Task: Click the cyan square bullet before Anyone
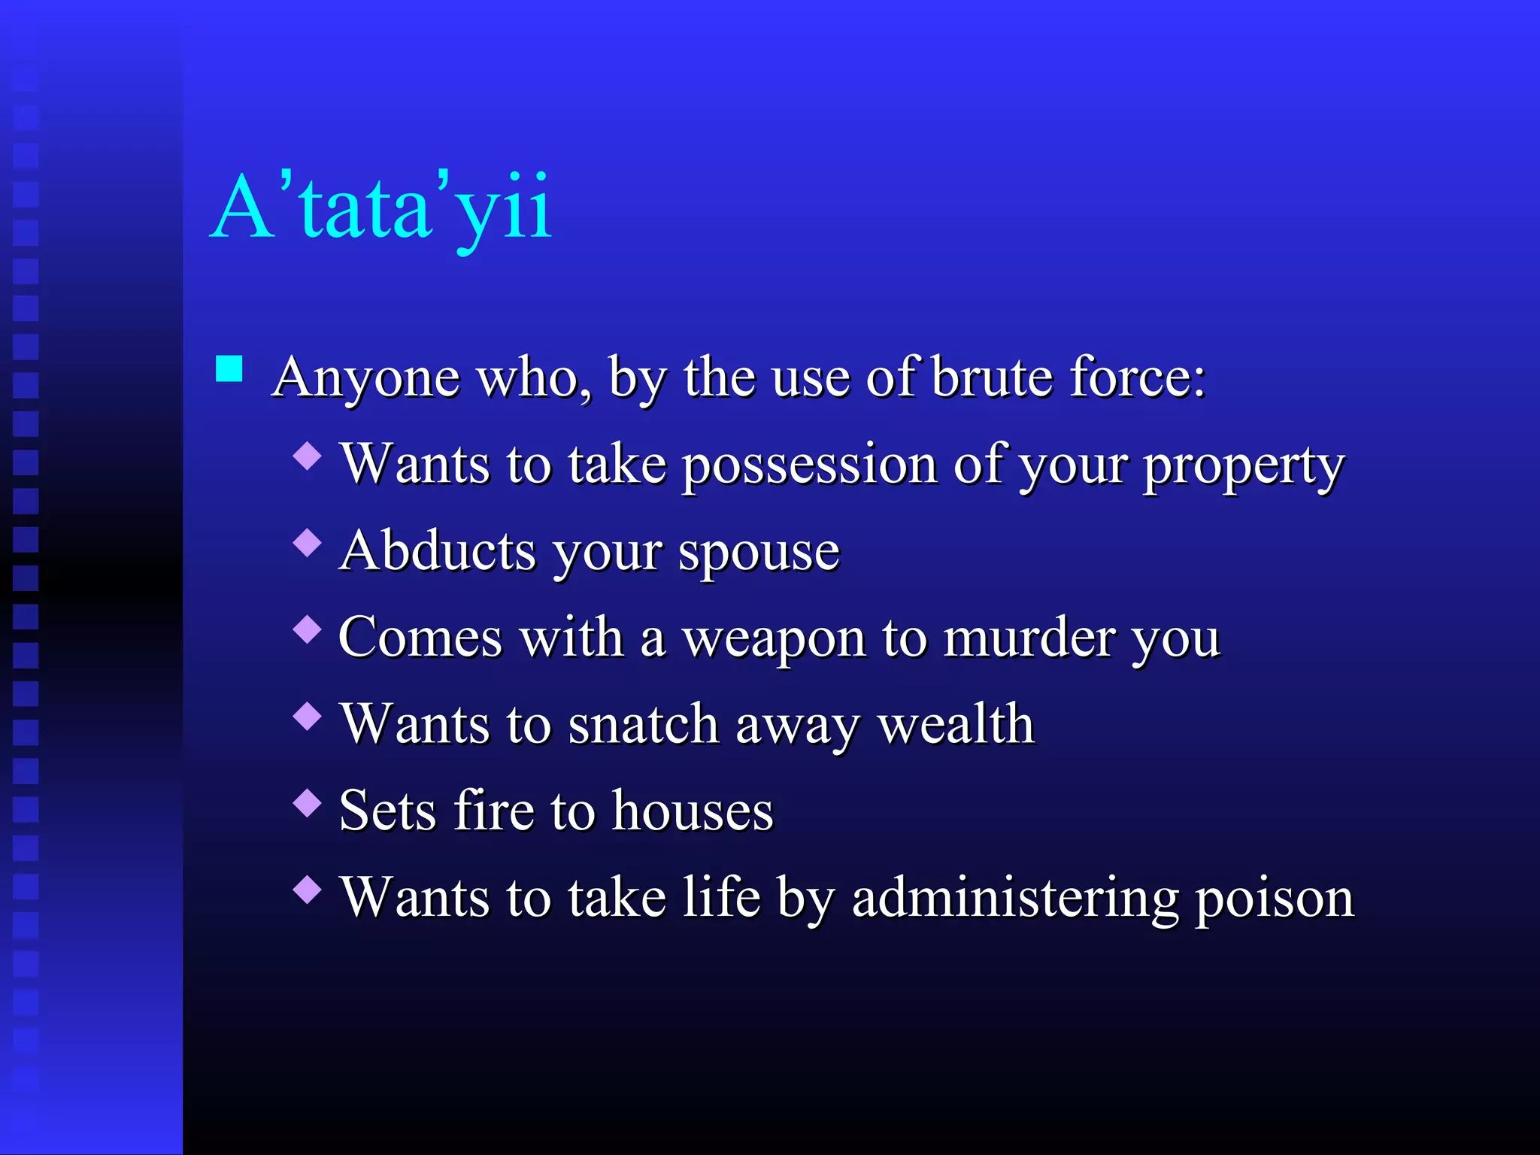[229, 369]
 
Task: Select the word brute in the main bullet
[993, 377]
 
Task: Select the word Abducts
[437, 550]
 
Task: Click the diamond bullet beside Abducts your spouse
[308, 542]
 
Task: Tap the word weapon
[774, 640]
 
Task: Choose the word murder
[1029, 638]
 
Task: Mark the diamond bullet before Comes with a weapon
[308, 629]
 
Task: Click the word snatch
[644, 724]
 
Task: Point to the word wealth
[956, 724]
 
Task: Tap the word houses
[692, 811]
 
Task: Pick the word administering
[1015, 899]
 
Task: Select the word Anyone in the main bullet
[366, 378]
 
